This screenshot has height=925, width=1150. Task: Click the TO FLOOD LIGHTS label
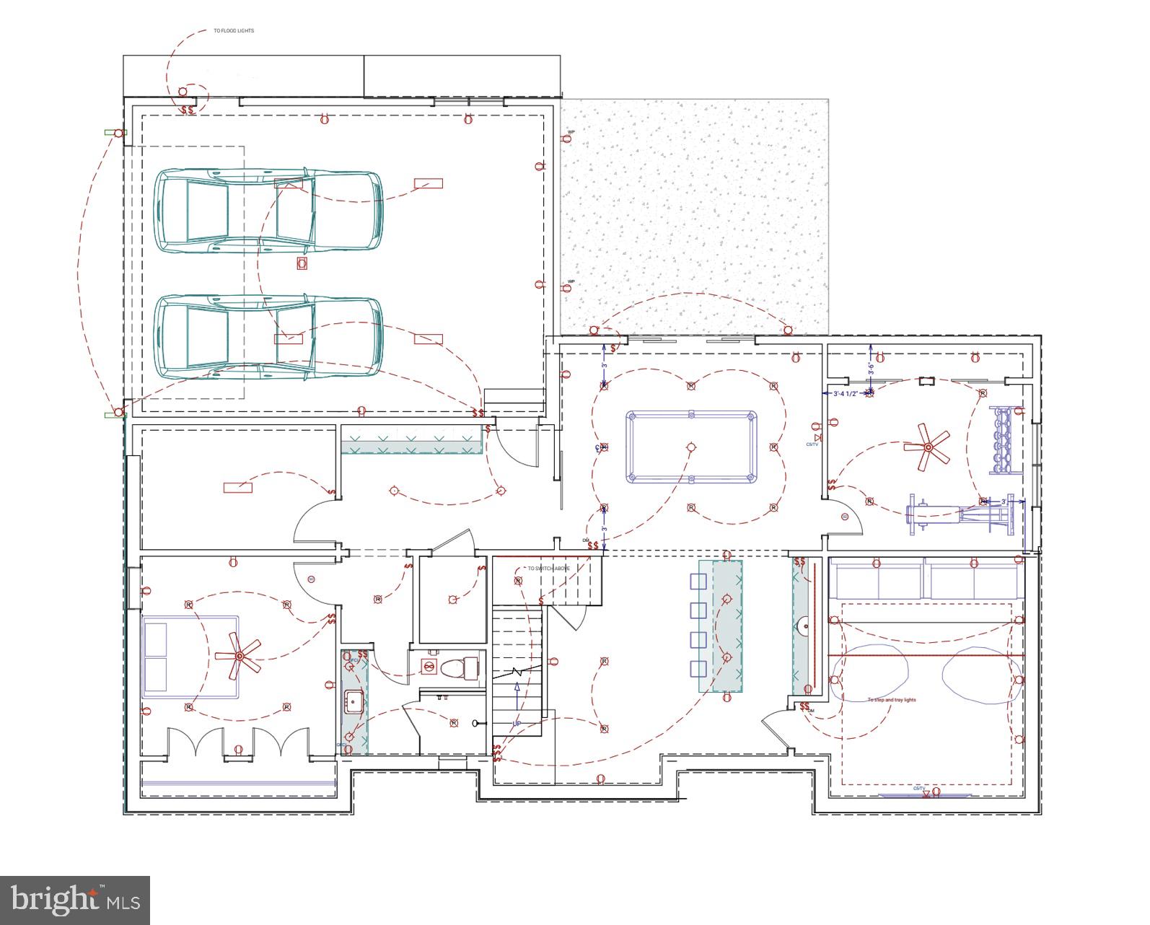click(x=234, y=31)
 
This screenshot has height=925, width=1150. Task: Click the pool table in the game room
click(x=691, y=447)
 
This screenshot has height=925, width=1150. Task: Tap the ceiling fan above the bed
click(x=239, y=656)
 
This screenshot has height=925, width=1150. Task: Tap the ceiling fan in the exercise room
click(x=927, y=447)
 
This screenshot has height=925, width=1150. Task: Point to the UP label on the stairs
click(x=517, y=723)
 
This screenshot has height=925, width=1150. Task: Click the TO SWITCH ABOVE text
click(x=548, y=569)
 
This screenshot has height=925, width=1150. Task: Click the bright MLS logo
click(x=75, y=900)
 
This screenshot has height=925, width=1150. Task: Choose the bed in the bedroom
click(x=191, y=656)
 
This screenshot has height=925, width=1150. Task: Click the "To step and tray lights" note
click(x=892, y=700)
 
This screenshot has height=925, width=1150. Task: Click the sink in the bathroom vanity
click(x=354, y=699)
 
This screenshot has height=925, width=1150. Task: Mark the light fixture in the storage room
click(x=238, y=488)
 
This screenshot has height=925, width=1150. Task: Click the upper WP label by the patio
click(x=571, y=132)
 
